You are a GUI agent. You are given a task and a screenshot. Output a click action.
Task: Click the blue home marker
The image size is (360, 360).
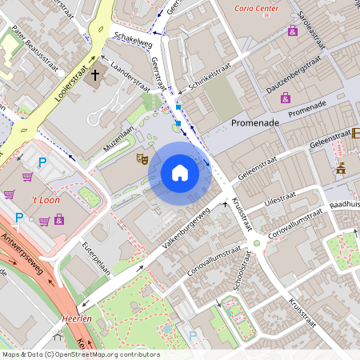180,173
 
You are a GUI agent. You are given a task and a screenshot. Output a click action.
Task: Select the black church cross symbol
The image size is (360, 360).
96,76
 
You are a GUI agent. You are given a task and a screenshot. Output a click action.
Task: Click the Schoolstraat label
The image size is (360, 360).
241,278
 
